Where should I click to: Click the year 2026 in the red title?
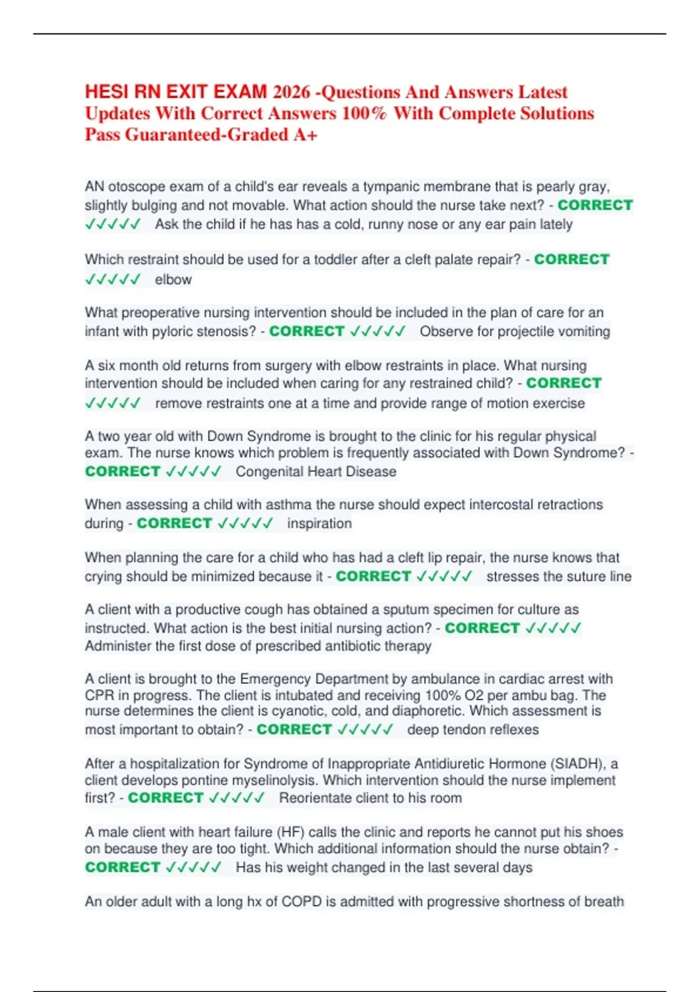[292, 92]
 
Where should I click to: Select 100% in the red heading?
[363, 113]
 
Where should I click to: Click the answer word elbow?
[173, 280]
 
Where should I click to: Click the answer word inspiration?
[319, 523]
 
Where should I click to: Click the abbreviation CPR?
[99, 696]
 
